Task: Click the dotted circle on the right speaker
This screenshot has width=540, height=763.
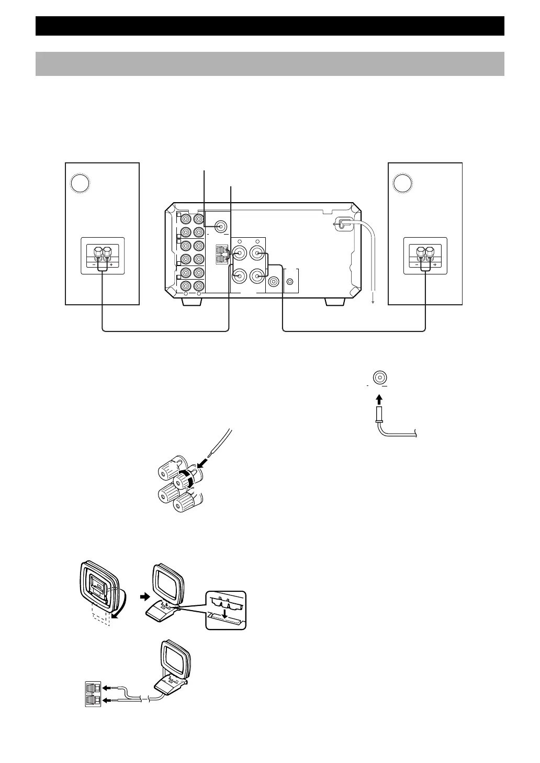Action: tap(403, 183)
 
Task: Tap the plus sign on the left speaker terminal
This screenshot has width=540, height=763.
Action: tap(111, 266)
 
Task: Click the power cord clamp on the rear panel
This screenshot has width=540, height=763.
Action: tap(341, 225)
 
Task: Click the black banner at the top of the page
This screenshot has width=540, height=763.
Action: tap(269, 26)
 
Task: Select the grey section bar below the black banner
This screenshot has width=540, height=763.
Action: tap(269, 63)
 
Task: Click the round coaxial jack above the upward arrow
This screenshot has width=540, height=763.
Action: tap(380, 377)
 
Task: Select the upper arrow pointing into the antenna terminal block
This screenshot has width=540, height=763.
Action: tap(108, 688)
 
